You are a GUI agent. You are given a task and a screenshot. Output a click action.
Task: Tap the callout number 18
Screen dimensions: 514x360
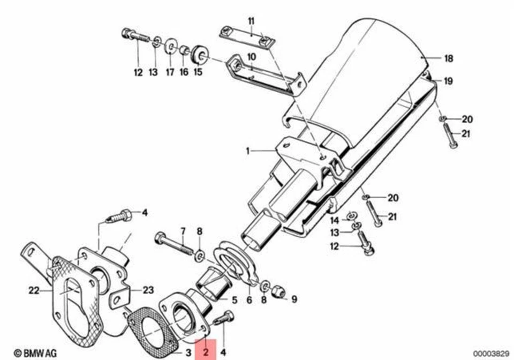pyautogui.click(x=449, y=58)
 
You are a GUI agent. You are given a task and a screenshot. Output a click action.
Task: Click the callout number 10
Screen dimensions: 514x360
pyautogui.click(x=251, y=56)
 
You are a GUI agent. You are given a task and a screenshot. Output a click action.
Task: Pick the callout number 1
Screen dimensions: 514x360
pyautogui.click(x=248, y=152)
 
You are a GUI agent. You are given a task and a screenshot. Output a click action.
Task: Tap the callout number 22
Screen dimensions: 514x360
pyautogui.click(x=34, y=291)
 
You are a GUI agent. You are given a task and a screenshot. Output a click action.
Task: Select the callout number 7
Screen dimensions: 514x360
pyautogui.click(x=183, y=231)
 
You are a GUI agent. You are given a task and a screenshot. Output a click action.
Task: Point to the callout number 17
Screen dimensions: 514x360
pyautogui.click(x=170, y=72)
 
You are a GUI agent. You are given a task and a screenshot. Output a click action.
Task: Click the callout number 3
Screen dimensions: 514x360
pyautogui.click(x=188, y=352)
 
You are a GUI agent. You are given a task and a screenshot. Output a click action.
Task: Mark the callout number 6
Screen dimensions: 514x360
pyautogui.click(x=249, y=300)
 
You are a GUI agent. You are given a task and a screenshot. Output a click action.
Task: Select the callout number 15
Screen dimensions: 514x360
pyautogui.click(x=198, y=72)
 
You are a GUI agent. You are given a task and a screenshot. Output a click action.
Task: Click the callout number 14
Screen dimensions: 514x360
pyautogui.click(x=335, y=221)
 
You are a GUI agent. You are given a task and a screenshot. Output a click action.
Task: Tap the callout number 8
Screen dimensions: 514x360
pyautogui.click(x=199, y=231)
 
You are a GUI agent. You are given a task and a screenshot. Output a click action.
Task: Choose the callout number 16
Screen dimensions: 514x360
pyautogui.click(x=184, y=72)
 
